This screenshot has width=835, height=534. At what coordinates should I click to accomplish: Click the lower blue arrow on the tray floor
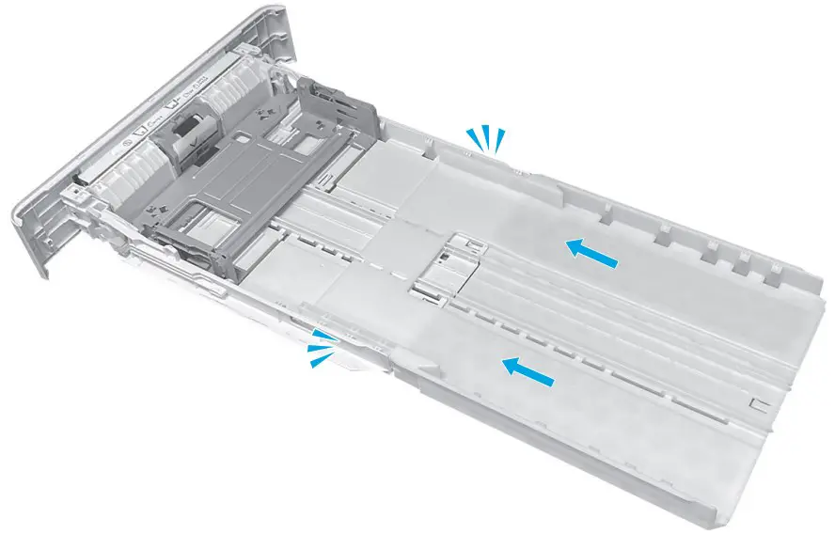(527, 371)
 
